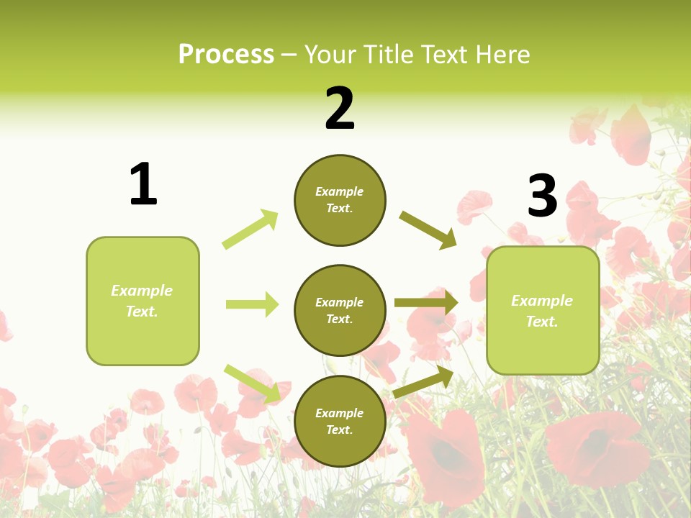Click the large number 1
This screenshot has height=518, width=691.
143,184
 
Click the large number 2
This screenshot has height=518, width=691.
340,109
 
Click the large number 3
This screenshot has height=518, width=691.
542,196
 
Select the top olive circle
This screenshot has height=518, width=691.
340,200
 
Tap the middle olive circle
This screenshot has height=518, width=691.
340,310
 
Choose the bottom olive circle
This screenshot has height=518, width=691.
340,421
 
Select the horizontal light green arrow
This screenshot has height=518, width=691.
252,304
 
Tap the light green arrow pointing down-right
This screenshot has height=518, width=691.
252,383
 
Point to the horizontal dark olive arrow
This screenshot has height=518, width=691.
426,303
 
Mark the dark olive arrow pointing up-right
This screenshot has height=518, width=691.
423,382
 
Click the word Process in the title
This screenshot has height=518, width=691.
226,54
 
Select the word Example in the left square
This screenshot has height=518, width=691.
142,291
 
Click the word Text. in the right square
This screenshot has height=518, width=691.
542,322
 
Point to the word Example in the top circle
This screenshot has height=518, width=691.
340,192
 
